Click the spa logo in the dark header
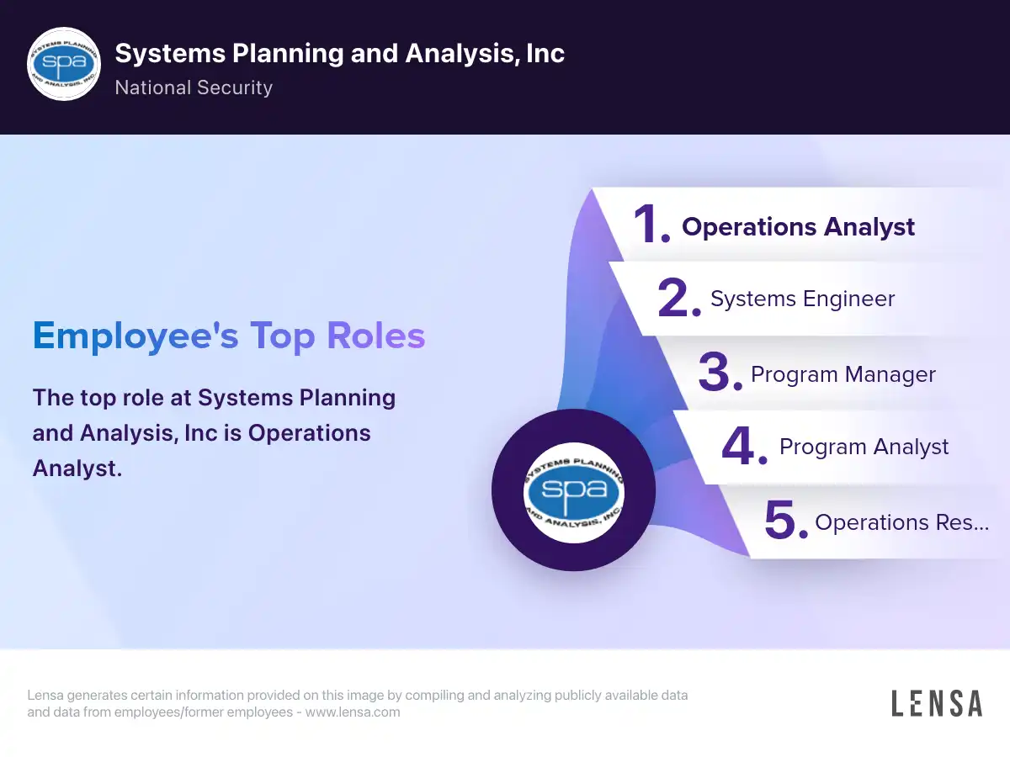click(64, 64)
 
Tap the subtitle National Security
click(194, 87)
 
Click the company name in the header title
click(339, 53)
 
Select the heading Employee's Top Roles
click(229, 336)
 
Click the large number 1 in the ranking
click(651, 224)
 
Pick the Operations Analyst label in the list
click(798, 227)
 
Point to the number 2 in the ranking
click(678, 298)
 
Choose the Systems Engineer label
click(802, 299)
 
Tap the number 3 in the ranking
click(720, 372)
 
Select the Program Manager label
click(843, 374)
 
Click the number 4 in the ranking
click(744, 446)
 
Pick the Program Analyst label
click(864, 447)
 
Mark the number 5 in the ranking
click(785, 520)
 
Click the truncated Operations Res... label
click(902, 522)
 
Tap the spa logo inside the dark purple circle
click(574, 492)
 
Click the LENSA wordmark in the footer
click(937, 703)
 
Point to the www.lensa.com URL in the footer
click(353, 712)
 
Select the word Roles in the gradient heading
click(376, 336)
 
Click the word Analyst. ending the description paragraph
click(77, 468)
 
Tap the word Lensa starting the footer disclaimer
click(45, 695)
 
